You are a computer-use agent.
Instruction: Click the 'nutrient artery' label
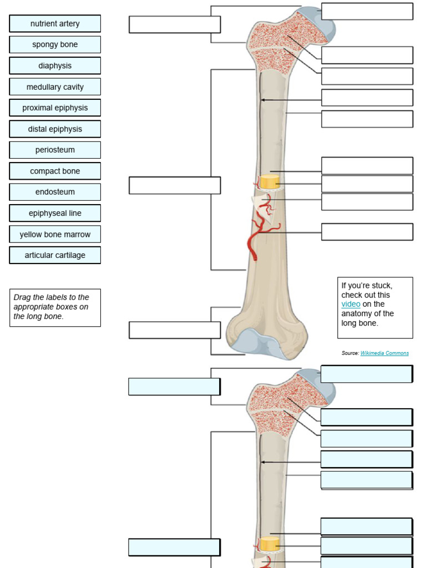[x=55, y=24]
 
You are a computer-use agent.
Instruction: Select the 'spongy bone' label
[x=55, y=45]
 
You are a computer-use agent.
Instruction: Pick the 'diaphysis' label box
[x=55, y=66]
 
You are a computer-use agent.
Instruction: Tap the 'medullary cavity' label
[x=55, y=87]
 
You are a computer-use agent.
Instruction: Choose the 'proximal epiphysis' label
[x=55, y=108]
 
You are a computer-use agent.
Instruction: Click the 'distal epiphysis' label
[x=55, y=129]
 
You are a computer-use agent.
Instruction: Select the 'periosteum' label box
[x=55, y=150]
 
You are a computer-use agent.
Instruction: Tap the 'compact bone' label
[x=55, y=171]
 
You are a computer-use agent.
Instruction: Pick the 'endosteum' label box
[x=55, y=192]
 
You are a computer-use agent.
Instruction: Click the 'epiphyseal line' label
[x=55, y=214]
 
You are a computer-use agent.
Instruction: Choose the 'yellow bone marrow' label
[x=55, y=235]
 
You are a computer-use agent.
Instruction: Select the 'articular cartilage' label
[x=55, y=256]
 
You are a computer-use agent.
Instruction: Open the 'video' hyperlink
[x=351, y=305]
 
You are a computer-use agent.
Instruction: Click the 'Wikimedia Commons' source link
[x=384, y=353]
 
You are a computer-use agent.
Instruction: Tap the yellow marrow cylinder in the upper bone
[x=270, y=182]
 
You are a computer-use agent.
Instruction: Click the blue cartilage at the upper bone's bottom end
[x=255, y=342]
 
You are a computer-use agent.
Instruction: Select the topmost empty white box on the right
[x=367, y=11]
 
